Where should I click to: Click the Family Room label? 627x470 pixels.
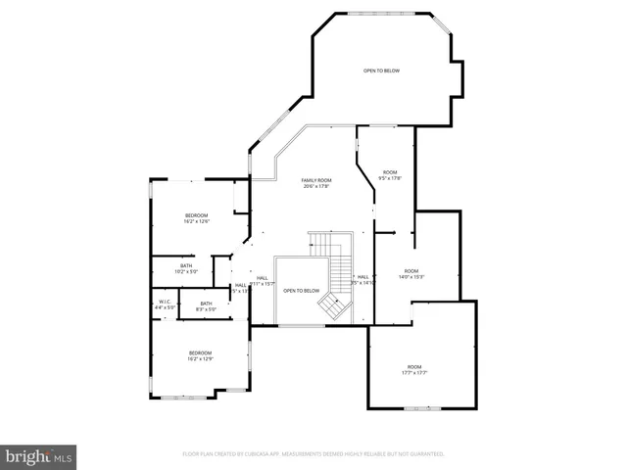pos(316,180)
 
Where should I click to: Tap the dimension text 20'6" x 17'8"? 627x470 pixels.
pos(316,186)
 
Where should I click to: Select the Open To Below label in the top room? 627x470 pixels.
pos(382,70)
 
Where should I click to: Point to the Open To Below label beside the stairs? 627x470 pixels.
pos(302,291)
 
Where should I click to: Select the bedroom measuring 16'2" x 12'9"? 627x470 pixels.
pos(200,355)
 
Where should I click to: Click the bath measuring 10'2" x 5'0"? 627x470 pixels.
pos(186,268)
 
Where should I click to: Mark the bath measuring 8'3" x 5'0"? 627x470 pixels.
pos(206,305)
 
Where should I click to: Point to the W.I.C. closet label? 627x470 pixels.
pos(165,302)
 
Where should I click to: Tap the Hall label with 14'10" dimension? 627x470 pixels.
pos(362,278)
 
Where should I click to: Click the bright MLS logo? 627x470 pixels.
pos(39,456)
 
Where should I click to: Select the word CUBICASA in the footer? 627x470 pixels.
pos(258,454)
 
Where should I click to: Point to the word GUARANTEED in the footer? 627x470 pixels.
pos(425,454)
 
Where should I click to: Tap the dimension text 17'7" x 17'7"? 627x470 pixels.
pos(414,373)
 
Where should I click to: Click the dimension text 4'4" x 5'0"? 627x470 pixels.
pos(165,307)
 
